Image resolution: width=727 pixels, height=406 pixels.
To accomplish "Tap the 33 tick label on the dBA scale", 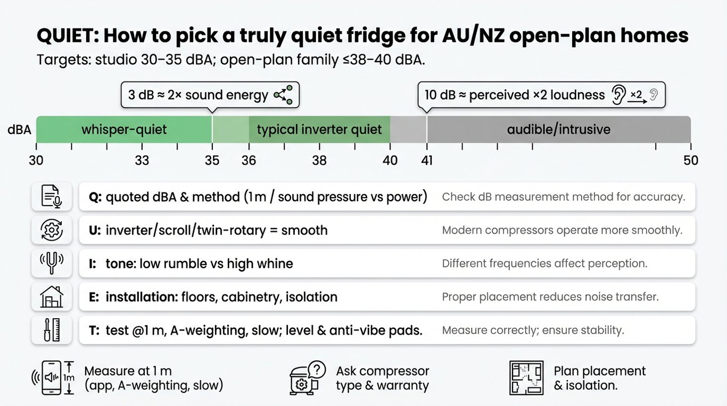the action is [x=142, y=160].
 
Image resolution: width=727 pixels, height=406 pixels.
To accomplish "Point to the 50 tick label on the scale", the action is [x=690, y=160].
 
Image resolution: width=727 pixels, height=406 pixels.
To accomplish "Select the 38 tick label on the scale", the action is [x=319, y=160].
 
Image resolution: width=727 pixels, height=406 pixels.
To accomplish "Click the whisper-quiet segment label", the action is [x=124, y=129].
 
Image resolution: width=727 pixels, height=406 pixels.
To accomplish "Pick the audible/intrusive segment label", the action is [x=558, y=129].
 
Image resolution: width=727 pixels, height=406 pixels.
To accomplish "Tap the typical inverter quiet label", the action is [x=319, y=129].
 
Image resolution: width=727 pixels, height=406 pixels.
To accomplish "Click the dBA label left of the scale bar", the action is [x=19, y=129].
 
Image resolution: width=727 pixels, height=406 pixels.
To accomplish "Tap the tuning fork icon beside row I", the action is [x=52, y=263].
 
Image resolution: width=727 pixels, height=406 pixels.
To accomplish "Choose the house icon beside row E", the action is [x=52, y=297].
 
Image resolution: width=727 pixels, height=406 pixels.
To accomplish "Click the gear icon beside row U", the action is [x=52, y=230].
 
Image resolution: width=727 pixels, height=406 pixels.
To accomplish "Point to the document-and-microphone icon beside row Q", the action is [x=52, y=197].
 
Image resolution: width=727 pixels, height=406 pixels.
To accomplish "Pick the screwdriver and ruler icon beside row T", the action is [x=52, y=330].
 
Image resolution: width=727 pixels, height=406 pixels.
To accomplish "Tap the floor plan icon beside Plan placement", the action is [x=526, y=378].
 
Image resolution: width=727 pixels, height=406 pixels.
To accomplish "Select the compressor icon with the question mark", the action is [x=307, y=378].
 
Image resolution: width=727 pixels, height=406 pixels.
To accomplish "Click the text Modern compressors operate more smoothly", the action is [x=562, y=230].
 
